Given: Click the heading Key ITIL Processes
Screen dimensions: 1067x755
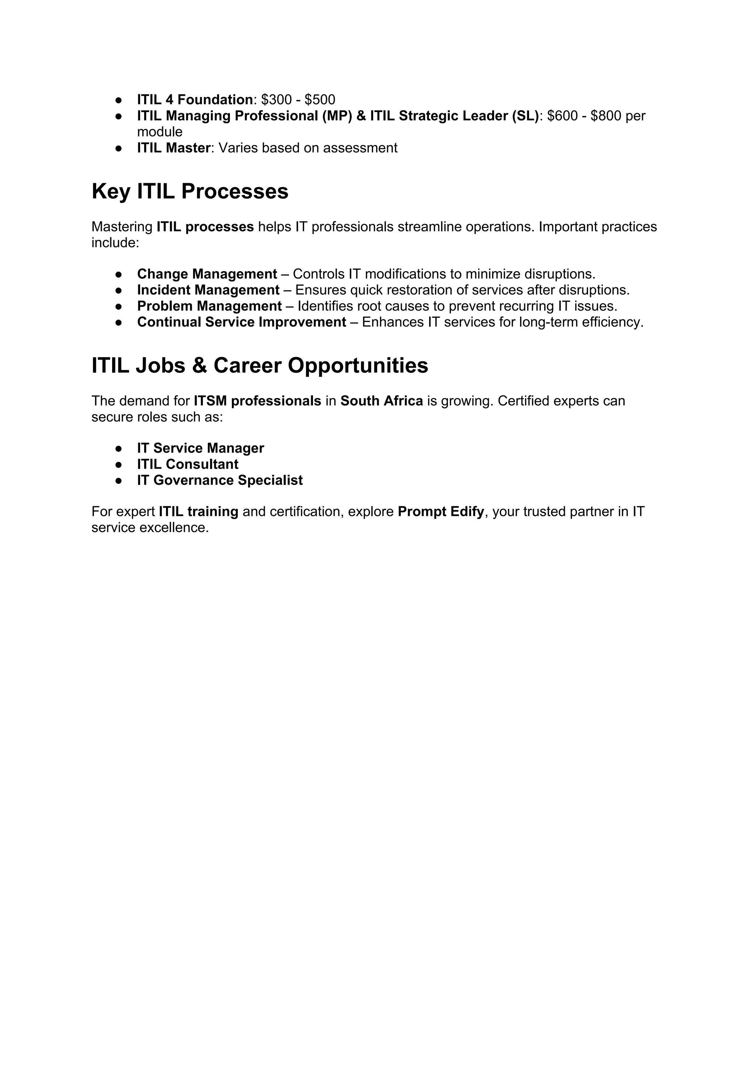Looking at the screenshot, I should pyautogui.click(x=190, y=192).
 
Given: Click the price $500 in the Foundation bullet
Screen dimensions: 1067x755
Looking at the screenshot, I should pyautogui.click(x=320, y=100).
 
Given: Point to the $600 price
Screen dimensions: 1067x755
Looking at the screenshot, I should pyautogui.click(x=563, y=116).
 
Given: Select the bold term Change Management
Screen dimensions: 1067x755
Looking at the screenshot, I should pyautogui.click(x=207, y=274).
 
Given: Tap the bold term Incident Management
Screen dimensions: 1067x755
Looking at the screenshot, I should pyautogui.click(x=208, y=290).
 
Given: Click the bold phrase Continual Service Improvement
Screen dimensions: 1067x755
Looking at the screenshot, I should pyautogui.click(x=241, y=322).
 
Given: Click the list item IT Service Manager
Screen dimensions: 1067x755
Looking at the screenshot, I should pyautogui.click(x=201, y=448).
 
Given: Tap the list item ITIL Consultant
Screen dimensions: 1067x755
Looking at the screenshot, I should pyautogui.click(x=187, y=464).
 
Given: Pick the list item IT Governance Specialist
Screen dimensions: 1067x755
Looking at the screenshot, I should pyautogui.click(x=219, y=480).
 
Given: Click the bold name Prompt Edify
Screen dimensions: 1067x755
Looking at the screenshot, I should pyautogui.click(x=441, y=512).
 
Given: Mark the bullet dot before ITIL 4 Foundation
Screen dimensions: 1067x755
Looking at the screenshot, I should pyautogui.click(x=119, y=100).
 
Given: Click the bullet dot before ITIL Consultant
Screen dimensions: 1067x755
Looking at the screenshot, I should pyautogui.click(x=119, y=464).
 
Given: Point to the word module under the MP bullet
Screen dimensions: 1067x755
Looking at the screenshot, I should pyautogui.click(x=160, y=132).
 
